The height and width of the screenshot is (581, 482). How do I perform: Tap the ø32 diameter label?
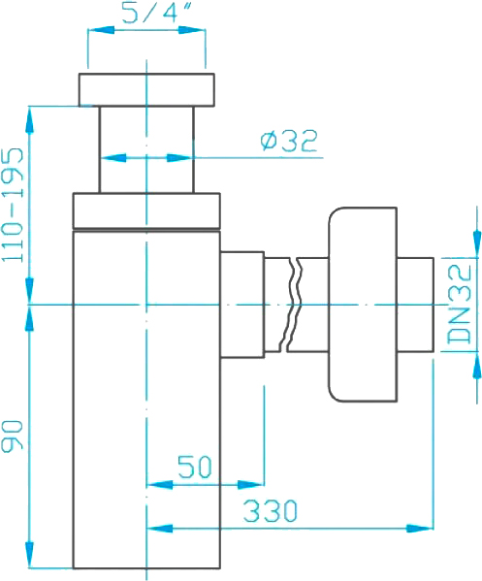289,141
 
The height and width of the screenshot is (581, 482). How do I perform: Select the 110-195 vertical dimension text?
14,205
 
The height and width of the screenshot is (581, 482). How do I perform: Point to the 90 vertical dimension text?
13,436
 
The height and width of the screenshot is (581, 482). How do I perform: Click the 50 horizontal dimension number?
195,467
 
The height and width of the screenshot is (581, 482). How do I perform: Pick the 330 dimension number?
270,510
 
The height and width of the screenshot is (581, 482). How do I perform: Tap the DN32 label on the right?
460,304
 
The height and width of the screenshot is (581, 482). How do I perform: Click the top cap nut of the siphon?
146,89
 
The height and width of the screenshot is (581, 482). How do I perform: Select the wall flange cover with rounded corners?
363,305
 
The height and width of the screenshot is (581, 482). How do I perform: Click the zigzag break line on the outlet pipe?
293,304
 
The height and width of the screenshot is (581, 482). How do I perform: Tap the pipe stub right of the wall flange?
415,305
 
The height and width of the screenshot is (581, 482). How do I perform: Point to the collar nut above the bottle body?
146,210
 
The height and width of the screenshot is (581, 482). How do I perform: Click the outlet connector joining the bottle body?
242,305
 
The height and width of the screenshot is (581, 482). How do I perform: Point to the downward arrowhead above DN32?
477,244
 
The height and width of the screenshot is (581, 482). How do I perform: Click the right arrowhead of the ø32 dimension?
180,158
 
